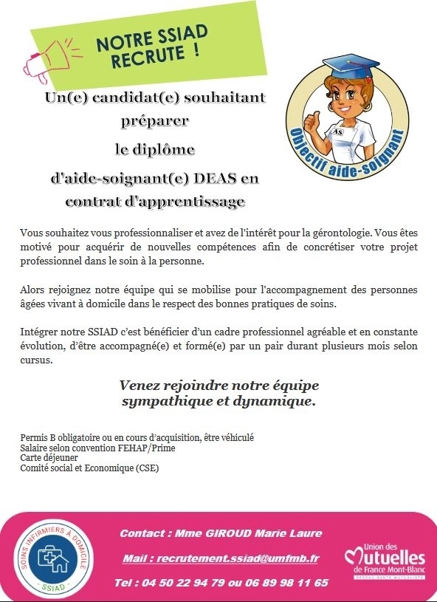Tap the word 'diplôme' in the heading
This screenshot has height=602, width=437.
pos(154,150)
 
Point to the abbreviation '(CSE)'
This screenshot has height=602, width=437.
pos(146,468)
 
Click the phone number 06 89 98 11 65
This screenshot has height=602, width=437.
pos(288,583)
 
